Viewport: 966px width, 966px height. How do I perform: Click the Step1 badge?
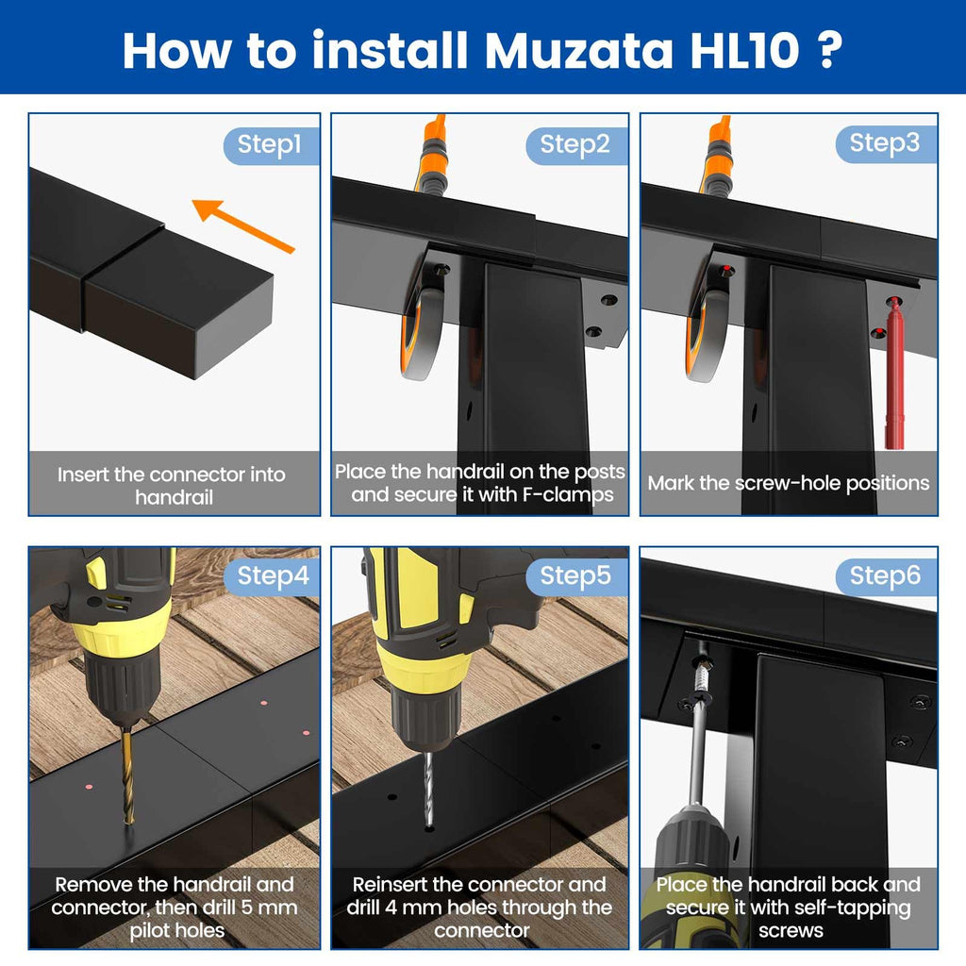tap(272, 145)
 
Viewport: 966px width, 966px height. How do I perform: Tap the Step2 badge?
tap(576, 145)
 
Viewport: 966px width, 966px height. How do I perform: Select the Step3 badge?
tap(886, 144)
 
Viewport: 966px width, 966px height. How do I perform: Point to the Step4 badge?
tap(272, 576)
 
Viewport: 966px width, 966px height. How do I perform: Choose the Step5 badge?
tap(576, 576)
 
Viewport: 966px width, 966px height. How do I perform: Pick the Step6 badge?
tap(886, 576)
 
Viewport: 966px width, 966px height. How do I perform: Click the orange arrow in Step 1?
tap(243, 225)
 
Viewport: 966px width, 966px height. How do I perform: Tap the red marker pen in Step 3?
tap(894, 373)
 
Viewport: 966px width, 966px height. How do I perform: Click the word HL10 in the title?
tap(744, 51)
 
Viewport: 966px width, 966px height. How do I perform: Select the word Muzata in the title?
tap(578, 51)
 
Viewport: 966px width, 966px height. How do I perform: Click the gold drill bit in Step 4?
tap(127, 775)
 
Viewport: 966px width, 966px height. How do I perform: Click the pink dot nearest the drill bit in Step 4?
tap(89, 787)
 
